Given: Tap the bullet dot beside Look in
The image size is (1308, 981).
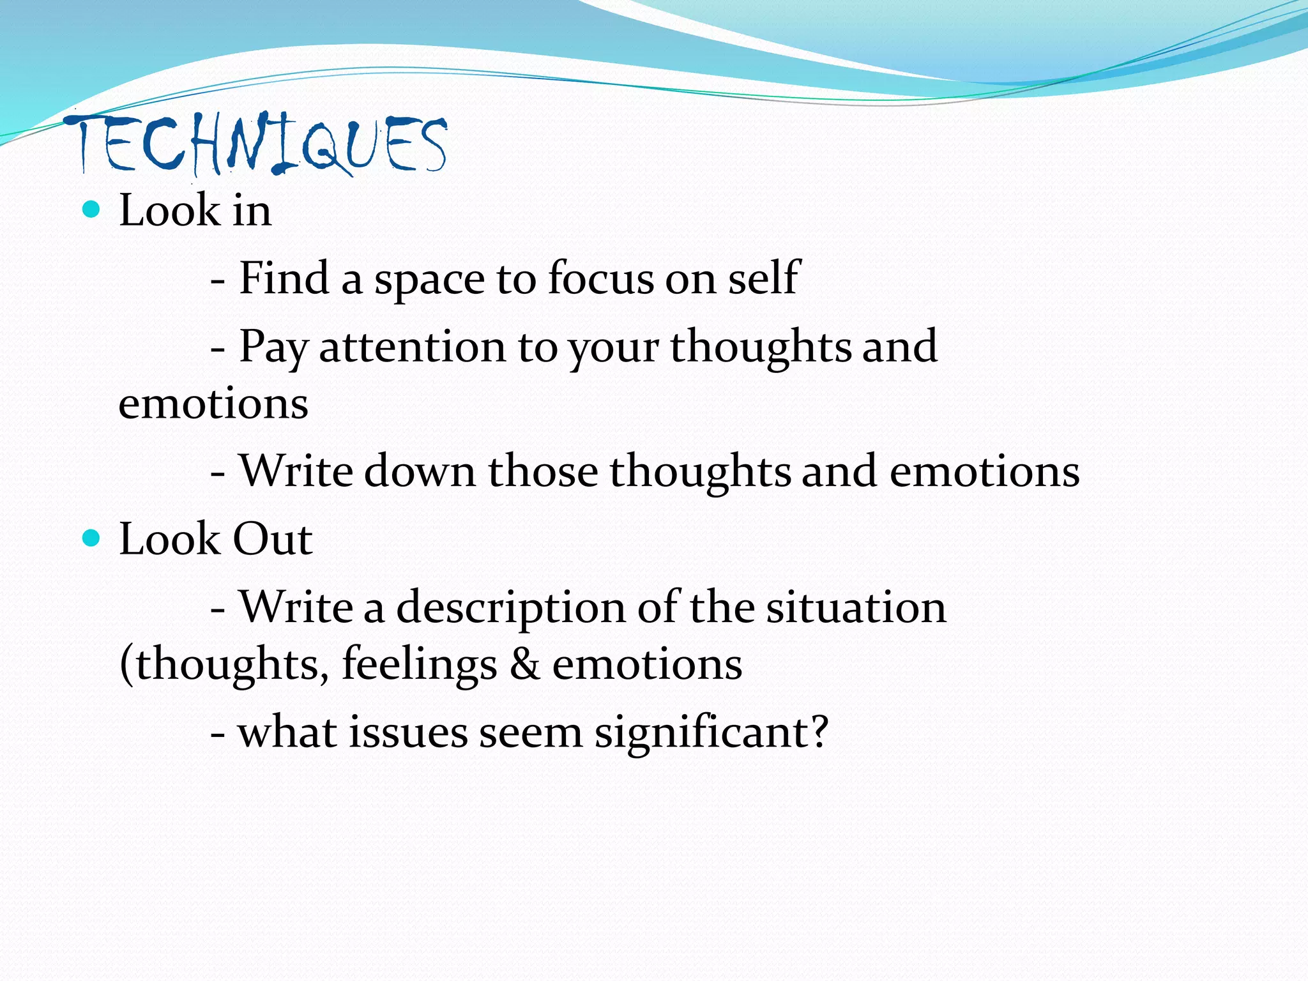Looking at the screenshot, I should click(x=92, y=209).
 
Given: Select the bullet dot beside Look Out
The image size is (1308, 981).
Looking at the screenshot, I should click(x=92, y=538).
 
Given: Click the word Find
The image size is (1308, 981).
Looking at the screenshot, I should click(x=284, y=278).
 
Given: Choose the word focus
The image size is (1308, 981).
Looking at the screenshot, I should click(x=601, y=278).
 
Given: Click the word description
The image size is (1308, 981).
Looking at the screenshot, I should click(x=511, y=608).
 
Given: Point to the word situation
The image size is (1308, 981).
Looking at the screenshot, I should click(x=856, y=607).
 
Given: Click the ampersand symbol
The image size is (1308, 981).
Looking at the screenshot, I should click(x=524, y=664).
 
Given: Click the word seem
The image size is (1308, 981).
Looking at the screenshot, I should click(x=530, y=733).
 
